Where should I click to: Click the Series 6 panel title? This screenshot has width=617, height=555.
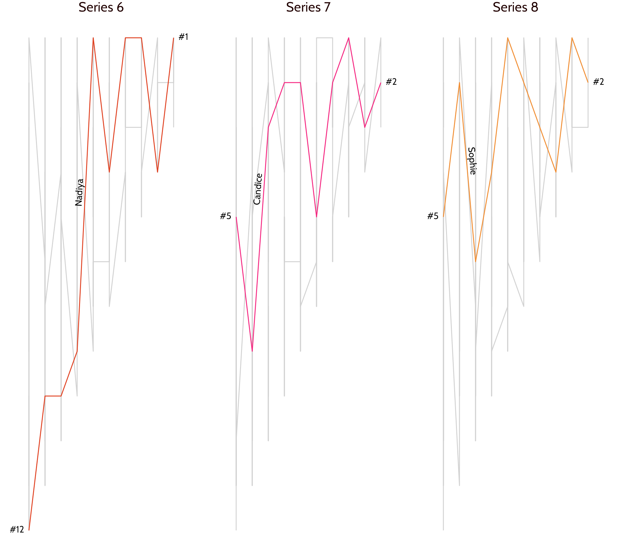coord(101,7)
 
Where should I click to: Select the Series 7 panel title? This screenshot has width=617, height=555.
coord(308,7)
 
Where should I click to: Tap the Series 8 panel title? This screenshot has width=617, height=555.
coord(515,7)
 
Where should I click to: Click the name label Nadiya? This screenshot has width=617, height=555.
coord(79,192)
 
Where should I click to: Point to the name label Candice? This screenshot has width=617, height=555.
coord(258,189)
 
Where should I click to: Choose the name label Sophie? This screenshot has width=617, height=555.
coord(471,161)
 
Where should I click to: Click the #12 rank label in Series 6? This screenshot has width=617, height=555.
coord(17,530)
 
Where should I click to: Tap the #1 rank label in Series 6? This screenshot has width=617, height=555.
coord(183,37)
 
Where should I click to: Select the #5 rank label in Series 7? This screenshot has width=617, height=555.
coord(226,216)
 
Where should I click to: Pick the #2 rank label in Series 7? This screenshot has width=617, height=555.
coord(391,82)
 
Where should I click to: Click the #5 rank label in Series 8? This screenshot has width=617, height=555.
coord(433,216)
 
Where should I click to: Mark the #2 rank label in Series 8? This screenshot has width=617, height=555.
coord(598,82)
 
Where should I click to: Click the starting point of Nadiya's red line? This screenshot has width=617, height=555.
coord(29,530)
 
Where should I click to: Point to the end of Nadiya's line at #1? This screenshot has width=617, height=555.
coord(174,38)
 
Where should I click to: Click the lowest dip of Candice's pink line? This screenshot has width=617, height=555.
coord(252,351)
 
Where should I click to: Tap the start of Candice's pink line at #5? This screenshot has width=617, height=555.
coord(236,217)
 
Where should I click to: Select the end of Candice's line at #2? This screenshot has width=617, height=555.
coord(381,83)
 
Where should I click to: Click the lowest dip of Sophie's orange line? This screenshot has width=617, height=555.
coord(476,261)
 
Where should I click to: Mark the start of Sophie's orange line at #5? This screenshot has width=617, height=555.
coord(443,217)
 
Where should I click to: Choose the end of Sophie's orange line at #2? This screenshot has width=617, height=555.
coord(588,83)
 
